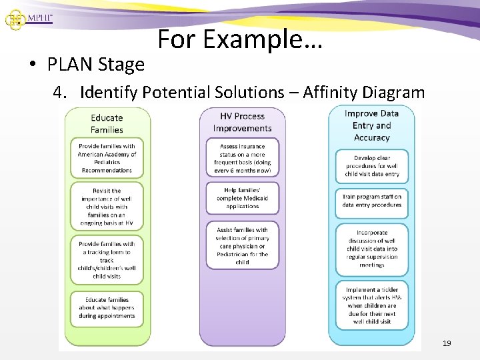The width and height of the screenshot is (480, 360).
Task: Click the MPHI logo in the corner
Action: (x=28, y=17)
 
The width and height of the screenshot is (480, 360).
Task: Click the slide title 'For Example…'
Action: (x=240, y=41)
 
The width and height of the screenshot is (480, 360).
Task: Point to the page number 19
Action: (x=447, y=343)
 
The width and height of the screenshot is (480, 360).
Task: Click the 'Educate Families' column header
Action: (x=107, y=123)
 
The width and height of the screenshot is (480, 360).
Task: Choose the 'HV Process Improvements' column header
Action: (x=242, y=122)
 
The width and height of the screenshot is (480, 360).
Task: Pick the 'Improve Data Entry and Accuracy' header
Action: (x=371, y=125)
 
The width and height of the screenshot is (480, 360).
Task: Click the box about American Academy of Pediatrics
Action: (x=107, y=158)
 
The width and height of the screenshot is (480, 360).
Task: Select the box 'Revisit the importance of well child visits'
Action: (x=107, y=207)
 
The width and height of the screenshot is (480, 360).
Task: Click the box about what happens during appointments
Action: (x=107, y=308)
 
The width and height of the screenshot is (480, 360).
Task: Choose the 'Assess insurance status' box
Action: (x=242, y=158)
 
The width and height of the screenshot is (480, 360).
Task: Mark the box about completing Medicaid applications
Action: (x=242, y=198)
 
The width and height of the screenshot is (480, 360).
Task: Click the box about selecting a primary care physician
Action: (x=242, y=245)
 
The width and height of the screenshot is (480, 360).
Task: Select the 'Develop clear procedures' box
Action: (x=371, y=166)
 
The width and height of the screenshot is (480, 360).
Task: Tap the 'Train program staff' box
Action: (x=371, y=201)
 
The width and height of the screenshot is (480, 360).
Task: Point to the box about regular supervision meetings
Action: (x=371, y=249)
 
